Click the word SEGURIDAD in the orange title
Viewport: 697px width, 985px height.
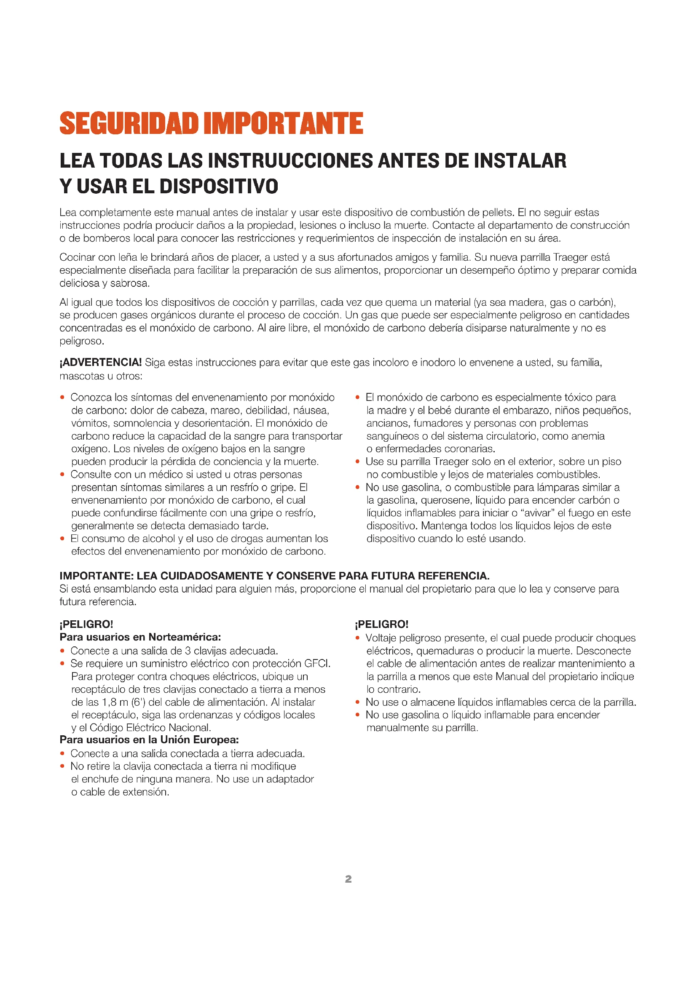tap(129, 123)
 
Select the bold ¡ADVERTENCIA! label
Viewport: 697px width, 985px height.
tap(100, 363)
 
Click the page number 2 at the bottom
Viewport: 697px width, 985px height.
tap(348, 879)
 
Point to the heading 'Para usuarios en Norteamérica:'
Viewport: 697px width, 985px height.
tap(140, 637)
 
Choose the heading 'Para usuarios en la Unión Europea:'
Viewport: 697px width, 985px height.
tap(149, 739)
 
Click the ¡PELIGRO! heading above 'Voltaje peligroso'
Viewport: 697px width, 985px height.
tap(381, 624)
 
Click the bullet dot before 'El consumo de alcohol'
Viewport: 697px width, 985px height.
tap(62, 539)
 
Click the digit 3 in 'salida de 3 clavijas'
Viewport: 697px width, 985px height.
tap(188, 651)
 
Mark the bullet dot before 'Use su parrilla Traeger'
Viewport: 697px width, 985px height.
tap(357, 462)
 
